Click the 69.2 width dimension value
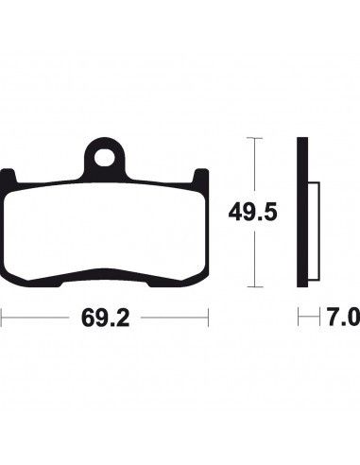[x=105, y=318]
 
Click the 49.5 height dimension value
[x=252, y=212]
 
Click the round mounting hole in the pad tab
[x=105, y=157]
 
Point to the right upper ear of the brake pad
[x=201, y=178]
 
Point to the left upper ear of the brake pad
[x=8, y=178]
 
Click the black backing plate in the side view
[x=302, y=212]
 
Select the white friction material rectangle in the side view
[x=314, y=231]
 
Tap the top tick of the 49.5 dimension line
[x=254, y=138]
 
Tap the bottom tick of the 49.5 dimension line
[x=254, y=286]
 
